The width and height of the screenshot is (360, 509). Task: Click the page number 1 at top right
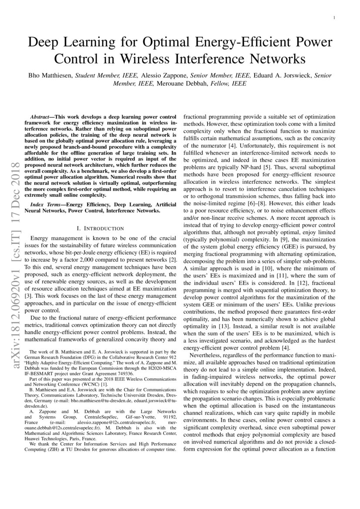(x=333, y=18)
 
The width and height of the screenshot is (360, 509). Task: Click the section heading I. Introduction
(x=100, y=228)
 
